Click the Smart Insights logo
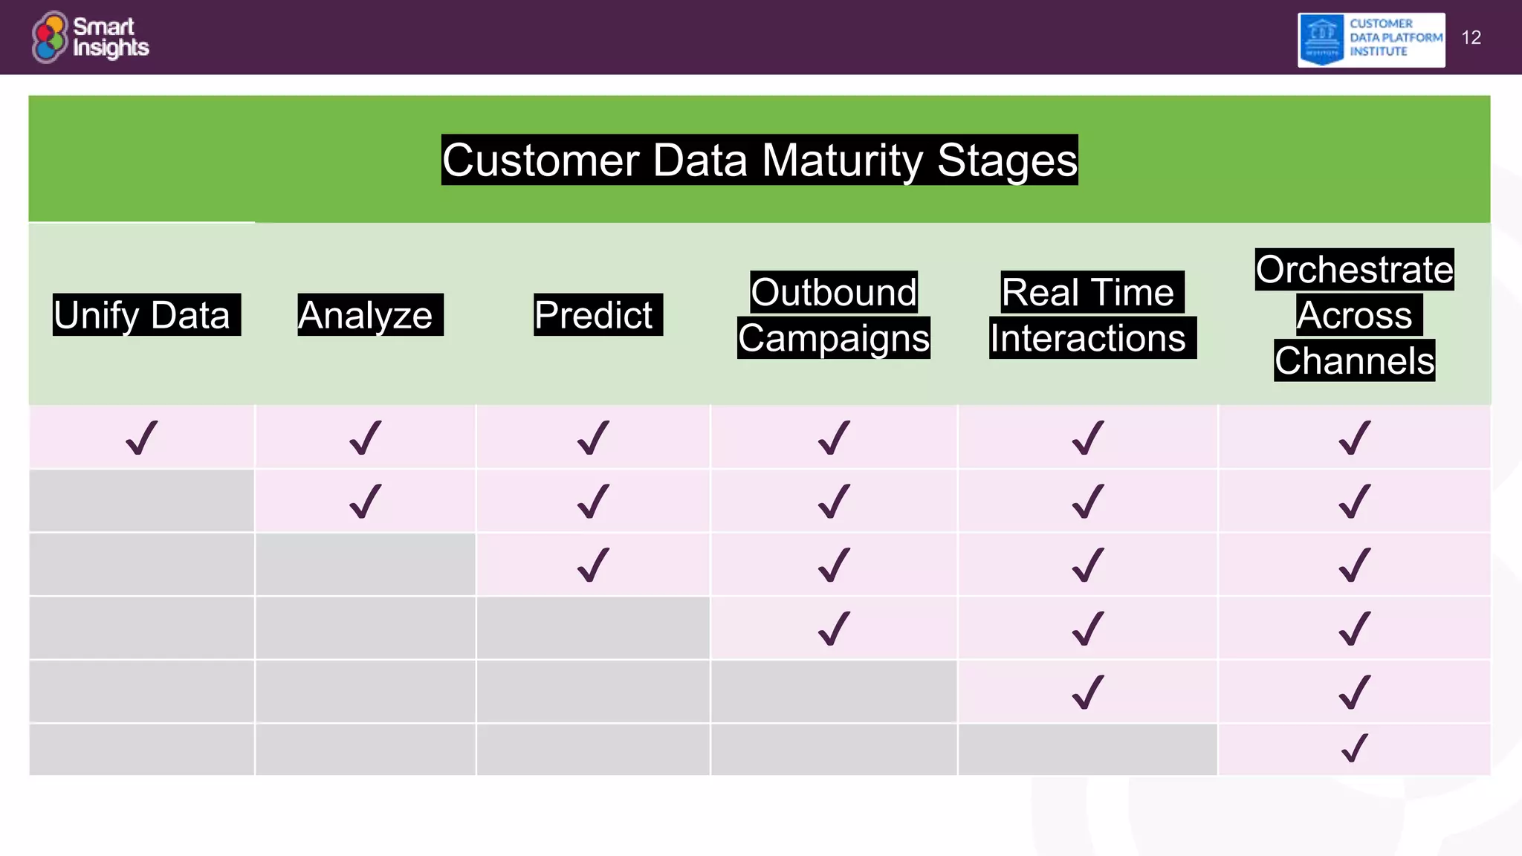(90, 37)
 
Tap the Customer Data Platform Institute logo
(1370, 40)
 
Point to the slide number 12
(1471, 38)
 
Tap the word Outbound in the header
(833, 292)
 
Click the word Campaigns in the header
(833, 338)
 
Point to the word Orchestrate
(1354, 269)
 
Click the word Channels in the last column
(1354, 361)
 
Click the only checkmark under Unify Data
(141, 438)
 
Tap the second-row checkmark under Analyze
(365, 501)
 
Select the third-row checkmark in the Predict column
(593, 565)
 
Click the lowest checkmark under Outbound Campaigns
(833, 629)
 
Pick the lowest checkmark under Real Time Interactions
(1087, 692)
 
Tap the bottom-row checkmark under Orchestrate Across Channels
(1354, 748)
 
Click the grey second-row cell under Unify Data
(141, 501)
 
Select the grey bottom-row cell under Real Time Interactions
(1087, 750)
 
